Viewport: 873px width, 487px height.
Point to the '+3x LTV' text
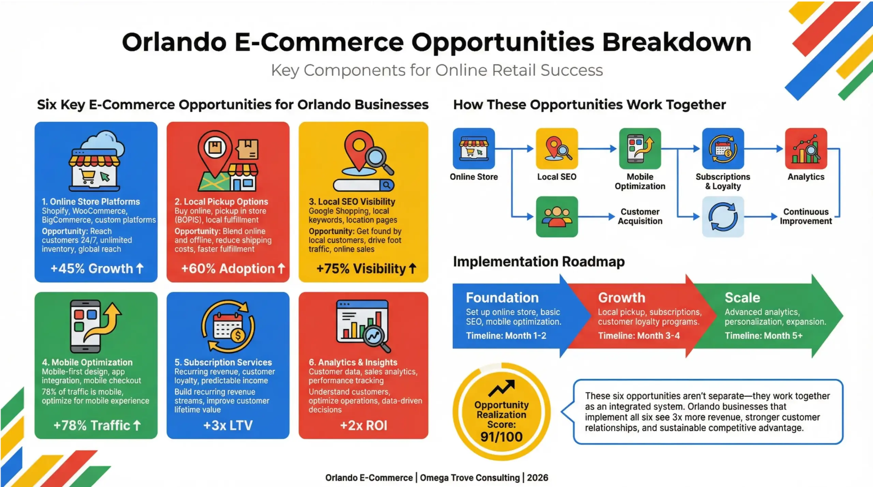click(228, 425)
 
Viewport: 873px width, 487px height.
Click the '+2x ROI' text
click(364, 425)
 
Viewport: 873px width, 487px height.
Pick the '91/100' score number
click(501, 437)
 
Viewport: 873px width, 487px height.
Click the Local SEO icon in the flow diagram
click(557, 149)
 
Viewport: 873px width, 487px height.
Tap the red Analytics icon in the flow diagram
click(806, 149)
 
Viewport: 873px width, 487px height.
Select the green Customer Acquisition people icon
click(557, 217)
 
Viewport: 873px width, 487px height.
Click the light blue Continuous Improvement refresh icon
click(723, 217)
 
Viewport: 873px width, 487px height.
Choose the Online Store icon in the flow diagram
click(474, 149)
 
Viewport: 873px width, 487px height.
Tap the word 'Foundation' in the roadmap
click(502, 298)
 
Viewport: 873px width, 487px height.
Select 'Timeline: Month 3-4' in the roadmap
click(639, 336)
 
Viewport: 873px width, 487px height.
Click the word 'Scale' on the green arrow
click(742, 298)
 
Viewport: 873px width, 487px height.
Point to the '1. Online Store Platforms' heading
click(91, 202)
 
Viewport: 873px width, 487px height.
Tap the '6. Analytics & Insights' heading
click(353, 362)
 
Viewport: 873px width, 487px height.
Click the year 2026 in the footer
click(537, 478)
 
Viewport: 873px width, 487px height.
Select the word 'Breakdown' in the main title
click(677, 42)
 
